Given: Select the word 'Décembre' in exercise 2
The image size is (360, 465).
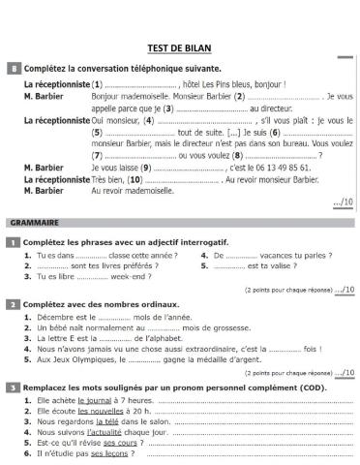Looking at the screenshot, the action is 55,316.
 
